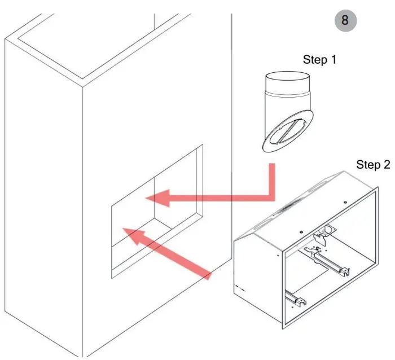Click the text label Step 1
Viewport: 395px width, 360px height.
point(319,59)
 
